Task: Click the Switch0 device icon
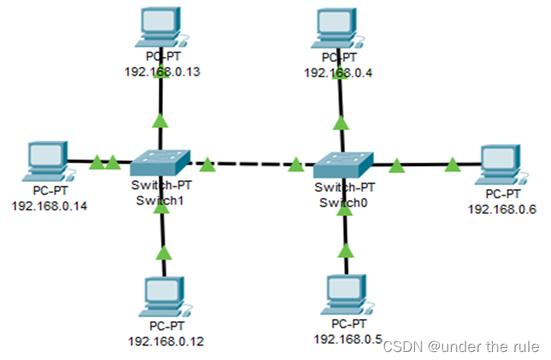click(x=344, y=166)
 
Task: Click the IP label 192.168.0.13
click(x=162, y=72)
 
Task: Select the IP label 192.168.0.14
click(x=50, y=205)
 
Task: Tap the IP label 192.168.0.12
click(x=165, y=341)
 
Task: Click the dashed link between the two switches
click(x=251, y=165)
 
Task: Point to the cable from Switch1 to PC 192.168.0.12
click(x=164, y=234)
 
